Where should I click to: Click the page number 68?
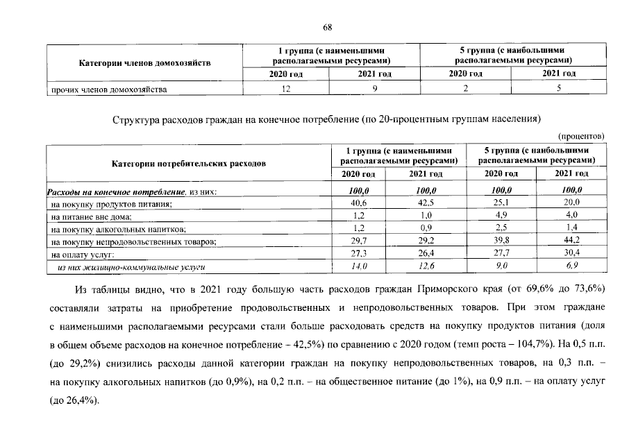click(328, 27)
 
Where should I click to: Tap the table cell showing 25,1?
click(501, 203)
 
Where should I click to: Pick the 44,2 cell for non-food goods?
click(570, 241)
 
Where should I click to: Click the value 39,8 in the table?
click(501, 241)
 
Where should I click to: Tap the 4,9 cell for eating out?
click(501, 216)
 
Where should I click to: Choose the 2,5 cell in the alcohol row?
click(501, 228)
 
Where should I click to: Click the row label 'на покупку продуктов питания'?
click(111, 204)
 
